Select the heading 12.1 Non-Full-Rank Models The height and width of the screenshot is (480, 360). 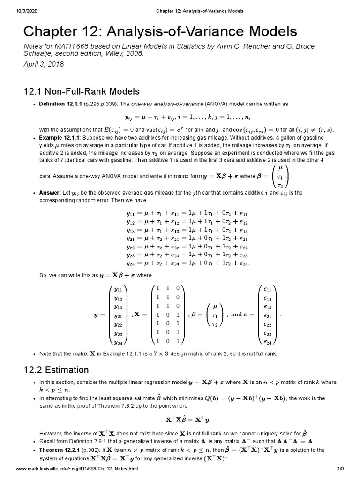click(x=81, y=91)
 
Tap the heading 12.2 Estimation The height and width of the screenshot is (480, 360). click(x=56, y=370)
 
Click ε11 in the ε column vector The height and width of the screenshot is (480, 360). click(x=268, y=290)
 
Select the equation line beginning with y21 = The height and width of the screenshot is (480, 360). click(x=188, y=238)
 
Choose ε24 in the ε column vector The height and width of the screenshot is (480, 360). click(x=268, y=342)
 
